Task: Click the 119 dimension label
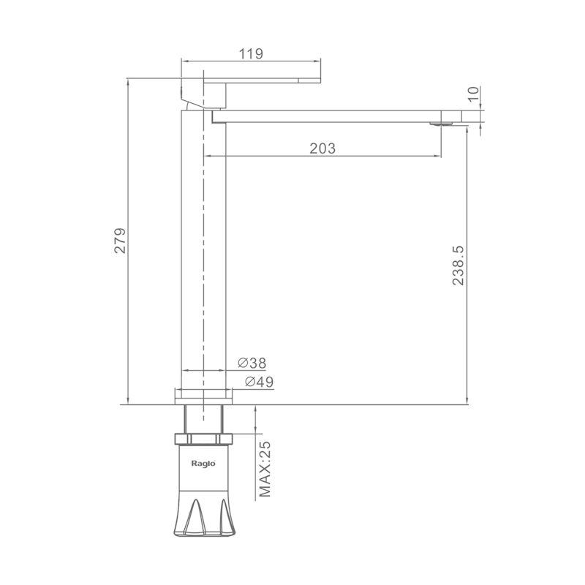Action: pyautogui.click(x=251, y=53)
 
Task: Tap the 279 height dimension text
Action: pyautogui.click(x=120, y=241)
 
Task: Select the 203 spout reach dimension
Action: pyautogui.click(x=322, y=148)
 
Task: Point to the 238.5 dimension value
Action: pyautogui.click(x=458, y=265)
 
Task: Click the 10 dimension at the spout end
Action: pyautogui.click(x=472, y=94)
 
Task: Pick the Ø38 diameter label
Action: pyautogui.click(x=252, y=363)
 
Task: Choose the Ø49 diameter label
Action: pyautogui.click(x=260, y=382)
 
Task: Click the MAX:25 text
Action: pyautogui.click(x=265, y=469)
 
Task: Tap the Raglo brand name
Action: pyautogui.click(x=203, y=464)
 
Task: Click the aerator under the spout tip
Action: pyautogui.click(x=441, y=124)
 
